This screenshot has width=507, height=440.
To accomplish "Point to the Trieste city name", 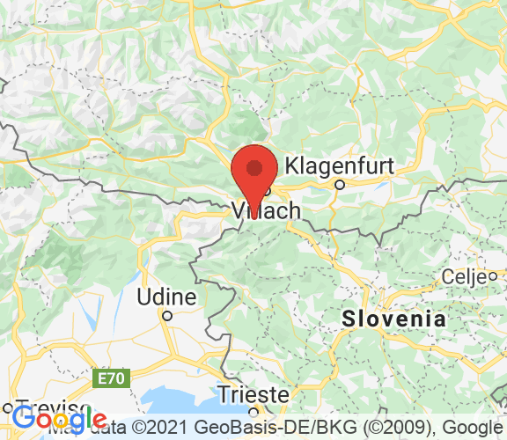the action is point(253,392).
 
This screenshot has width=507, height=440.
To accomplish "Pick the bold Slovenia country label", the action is point(394,319).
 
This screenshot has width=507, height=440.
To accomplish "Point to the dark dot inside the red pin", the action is point(254,167).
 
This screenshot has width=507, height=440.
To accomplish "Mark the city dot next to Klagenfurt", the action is point(339,185).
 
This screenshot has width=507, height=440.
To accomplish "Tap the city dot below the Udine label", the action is point(165,314).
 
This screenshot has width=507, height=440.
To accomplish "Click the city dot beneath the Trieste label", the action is point(253,409).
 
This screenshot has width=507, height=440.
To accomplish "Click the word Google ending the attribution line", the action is point(475,426).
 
